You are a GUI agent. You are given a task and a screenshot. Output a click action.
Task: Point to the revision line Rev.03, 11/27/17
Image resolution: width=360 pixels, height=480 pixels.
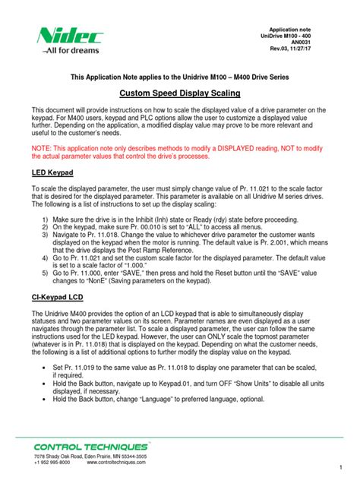[x=312, y=50]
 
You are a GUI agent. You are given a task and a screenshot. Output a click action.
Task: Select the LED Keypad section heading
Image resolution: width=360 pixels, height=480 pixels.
[x=52, y=173]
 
